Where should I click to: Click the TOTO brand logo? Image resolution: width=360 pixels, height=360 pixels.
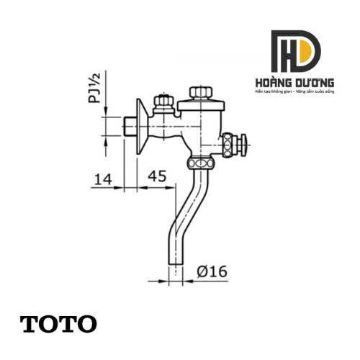point(58,323)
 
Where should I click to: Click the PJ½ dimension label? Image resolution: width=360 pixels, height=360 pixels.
point(96,87)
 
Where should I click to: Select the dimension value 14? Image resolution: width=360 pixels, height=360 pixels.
point(103,176)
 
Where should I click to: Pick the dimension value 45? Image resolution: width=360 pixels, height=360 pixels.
point(159,176)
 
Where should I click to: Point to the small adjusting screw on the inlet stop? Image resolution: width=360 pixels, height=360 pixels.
point(165,101)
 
